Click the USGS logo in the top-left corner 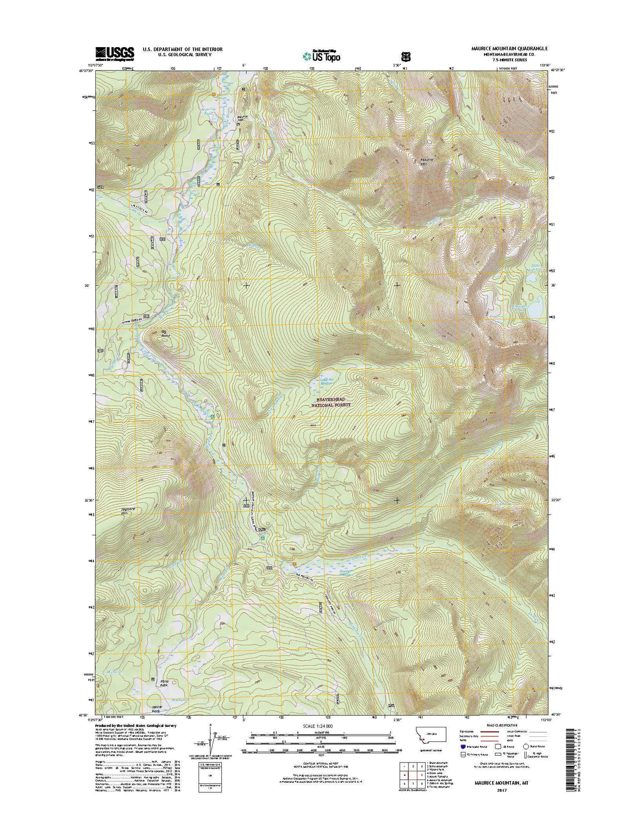[115, 53]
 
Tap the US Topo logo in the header [321, 55]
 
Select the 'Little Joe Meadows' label [330, 381]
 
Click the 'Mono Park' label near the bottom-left [164, 683]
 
